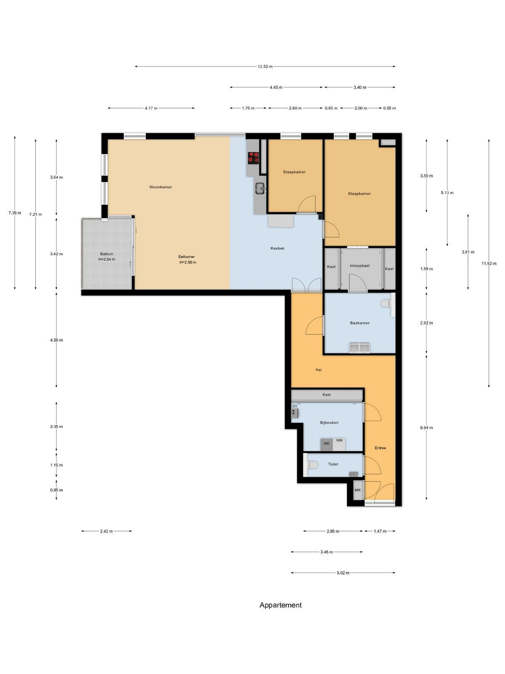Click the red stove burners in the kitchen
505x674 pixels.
(x=253, y=157)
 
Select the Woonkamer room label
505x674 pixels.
(x=160, y=187)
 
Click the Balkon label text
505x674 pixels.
(x=106, y=254)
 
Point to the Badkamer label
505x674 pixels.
(x=360, y=323)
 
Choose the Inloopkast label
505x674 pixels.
(x=359, y=266)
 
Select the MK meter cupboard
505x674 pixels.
(x=358, y=490)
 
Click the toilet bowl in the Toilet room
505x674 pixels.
(x=312, y=465)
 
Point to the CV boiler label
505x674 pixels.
(x=295, y=406)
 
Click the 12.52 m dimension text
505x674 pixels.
(x=265, y=66)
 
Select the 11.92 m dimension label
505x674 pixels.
(x=489, y=263)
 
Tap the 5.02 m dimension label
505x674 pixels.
(x=343, y=572)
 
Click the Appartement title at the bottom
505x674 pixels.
(x=281, y=605)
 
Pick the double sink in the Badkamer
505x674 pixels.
(x=359, y=348)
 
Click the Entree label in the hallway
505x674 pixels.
(x=380, y=448)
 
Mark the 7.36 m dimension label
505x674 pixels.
(x=15, y=213)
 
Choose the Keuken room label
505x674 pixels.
(x=277, y=248)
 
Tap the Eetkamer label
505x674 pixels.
(x=186, y=257)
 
